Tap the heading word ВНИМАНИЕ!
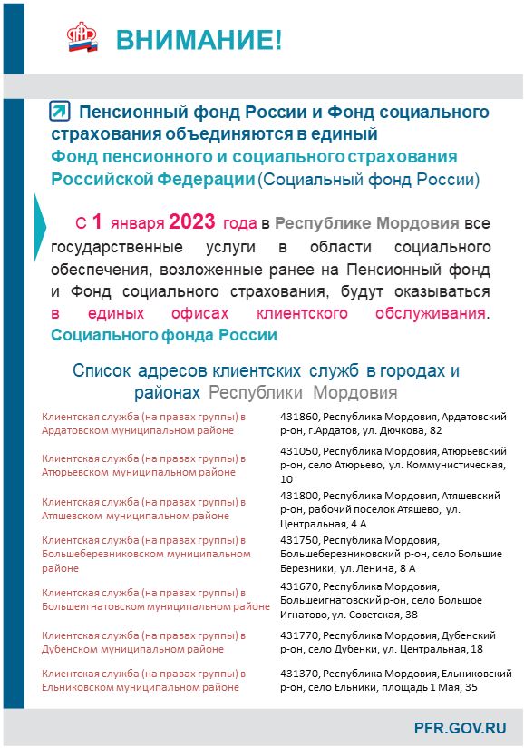pos(199,40)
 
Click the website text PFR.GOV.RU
pos(460,727)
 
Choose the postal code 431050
pos(299,450)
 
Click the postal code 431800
pos(299,497)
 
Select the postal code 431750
pos(299,539)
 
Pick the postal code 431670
pos(299,587)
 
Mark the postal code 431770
pos(299,635)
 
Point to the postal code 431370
pos(299,674)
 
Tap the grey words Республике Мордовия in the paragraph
pos(366,222)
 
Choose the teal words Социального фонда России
pos(164,334)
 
